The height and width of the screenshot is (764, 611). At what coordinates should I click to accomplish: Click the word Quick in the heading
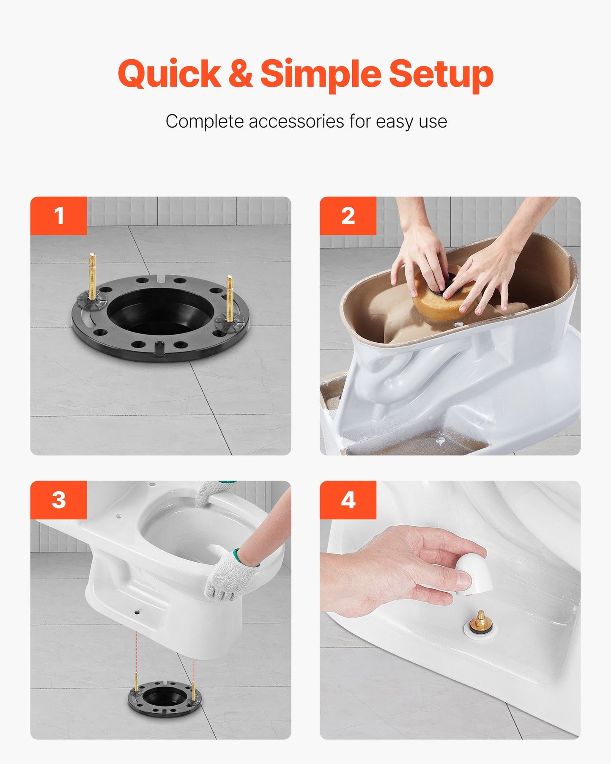click(169, 74)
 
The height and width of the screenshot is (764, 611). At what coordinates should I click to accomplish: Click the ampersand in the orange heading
click(240, 74)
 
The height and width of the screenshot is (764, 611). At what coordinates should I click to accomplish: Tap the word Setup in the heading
click(441, 74)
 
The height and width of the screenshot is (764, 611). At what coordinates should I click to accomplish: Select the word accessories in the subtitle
click(296, 121)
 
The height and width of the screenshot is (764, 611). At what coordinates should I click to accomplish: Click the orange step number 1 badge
click(59, 216)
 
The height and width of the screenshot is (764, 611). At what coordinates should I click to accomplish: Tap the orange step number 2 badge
click(348, 216)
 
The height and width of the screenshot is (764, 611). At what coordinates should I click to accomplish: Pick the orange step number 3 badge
click(59, 500)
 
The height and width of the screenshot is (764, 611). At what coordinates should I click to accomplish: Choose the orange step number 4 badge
click(348, 500)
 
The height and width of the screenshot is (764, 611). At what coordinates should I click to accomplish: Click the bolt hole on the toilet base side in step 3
click(137, 612)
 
